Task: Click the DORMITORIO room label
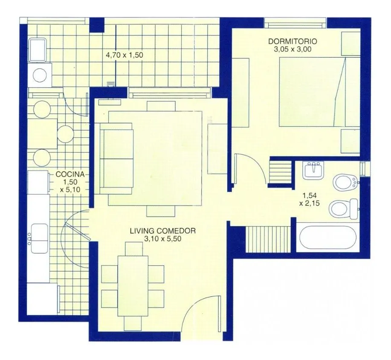coord(293,41)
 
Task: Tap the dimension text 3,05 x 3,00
coord(293,49)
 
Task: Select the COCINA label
coord(70,174)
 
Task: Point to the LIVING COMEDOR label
coord(162,231)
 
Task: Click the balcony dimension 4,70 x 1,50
coord(125,55)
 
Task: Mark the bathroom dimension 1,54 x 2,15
coord(310,199)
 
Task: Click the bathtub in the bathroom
coord(327,239)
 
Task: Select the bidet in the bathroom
coord(346,183)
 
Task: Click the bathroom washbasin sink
coord(313,170)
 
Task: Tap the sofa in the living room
coord(116,158)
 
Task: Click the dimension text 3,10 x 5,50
coord(162,239)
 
